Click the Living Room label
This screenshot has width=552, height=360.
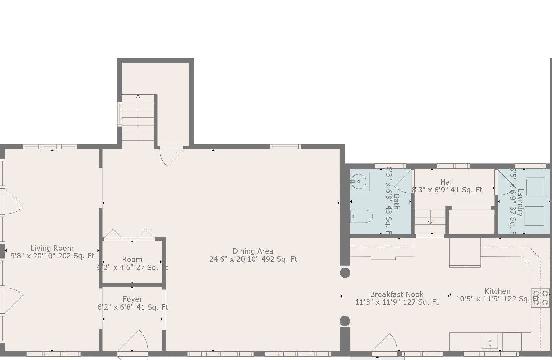pyautogui.click(x=52, y=248)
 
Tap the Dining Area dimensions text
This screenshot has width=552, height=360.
pyautogui.click(x=253, y=259)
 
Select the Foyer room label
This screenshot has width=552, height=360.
pyautogui.click(x=132, y=299)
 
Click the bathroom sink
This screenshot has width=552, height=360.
pyautogui.click(x=359, y=182)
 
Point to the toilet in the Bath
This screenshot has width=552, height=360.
pyautogui.click(x=363, y=216)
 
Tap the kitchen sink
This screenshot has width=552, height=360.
pyautogui.click(x=490, y=341)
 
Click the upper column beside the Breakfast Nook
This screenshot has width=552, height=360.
pyautogui.click(x=345, y=273)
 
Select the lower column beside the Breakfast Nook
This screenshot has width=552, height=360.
pyautogui.click(x=345, y=321)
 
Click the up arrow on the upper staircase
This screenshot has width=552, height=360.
pyautogui.click(x=138, y=97)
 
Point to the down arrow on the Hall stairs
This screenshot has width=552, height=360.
pyautogui.click(x=430, y=222)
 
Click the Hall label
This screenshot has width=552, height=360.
pyautogui.click(x=447, y=182)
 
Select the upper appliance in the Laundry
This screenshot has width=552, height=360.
pyautogui.click(x=535, y=187)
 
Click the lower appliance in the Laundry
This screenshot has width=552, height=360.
pyautogui.click(x=534, y=216)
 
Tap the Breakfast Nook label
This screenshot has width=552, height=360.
pyautogui.click(x=397, y=294)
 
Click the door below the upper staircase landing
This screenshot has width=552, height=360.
pyautogui.click(x=171, y=155)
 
